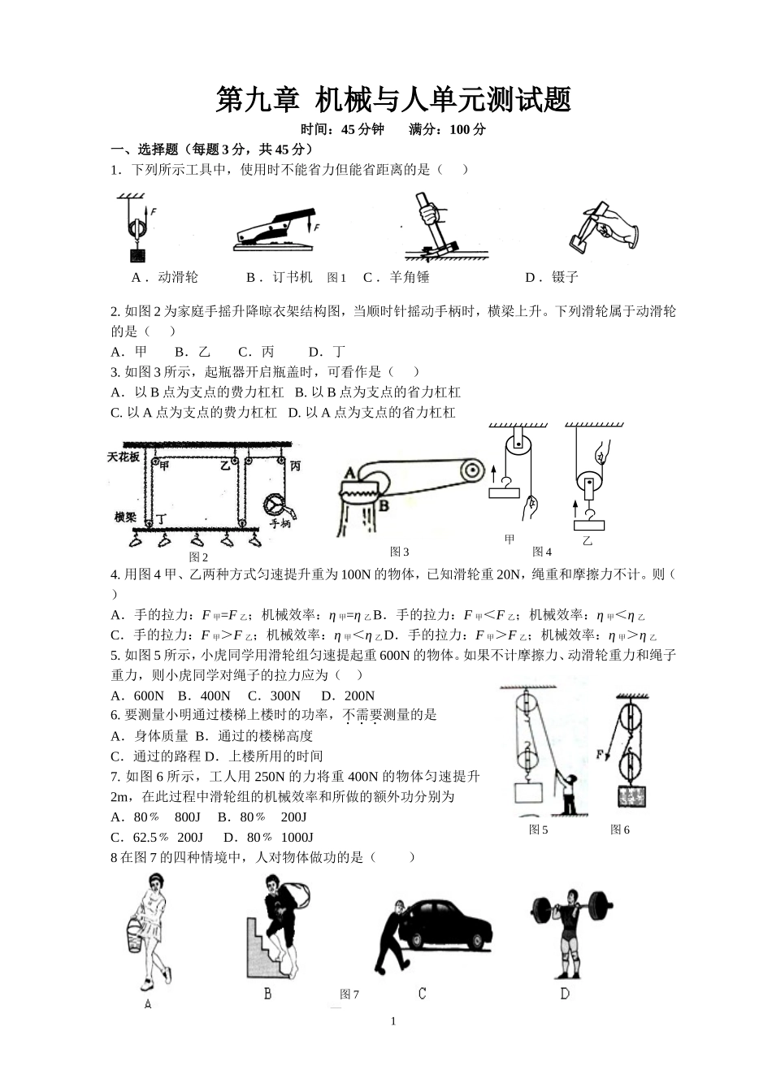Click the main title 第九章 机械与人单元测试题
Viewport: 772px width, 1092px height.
coord(393,100)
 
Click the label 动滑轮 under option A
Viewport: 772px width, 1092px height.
coord(177,277)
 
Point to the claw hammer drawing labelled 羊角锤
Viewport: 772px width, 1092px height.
coord(431,226)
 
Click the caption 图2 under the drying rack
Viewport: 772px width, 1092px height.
coord(198,557)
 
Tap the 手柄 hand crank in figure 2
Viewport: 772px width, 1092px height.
coord(279,506)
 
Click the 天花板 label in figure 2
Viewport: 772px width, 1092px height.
coord(124,457)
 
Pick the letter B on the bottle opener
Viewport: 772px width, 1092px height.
coord(384,505)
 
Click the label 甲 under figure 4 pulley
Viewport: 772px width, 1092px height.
coord(510,539)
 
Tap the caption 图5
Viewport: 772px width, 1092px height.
coord(538,830)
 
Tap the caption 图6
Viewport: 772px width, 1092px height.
coord(620,830)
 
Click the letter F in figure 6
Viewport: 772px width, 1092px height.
coord(601,755)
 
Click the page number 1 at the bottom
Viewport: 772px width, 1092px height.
coord(393,1021)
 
